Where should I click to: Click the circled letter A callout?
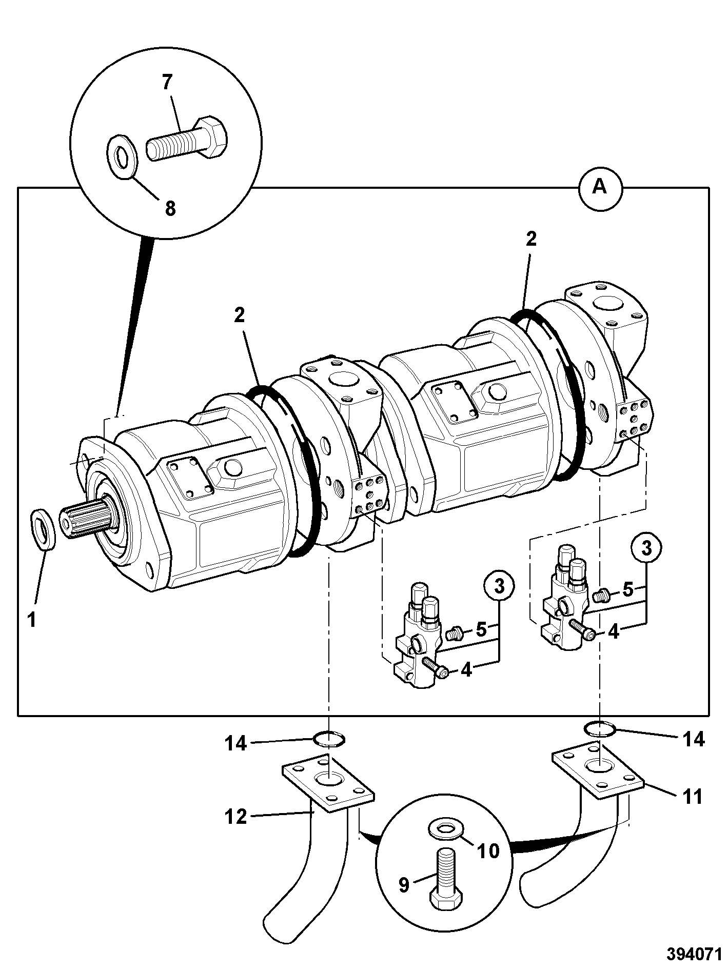click(x=600, y=188)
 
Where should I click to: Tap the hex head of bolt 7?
click(x=212, y=137)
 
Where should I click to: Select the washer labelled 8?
click(x=120, y=156)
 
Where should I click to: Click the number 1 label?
click(x=31, y=620)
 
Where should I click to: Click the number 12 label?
click(x=236, y=816)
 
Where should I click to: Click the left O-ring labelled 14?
click(x=329, y=739)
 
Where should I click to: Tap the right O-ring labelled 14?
click(x=600, y=728)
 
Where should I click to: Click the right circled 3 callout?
click(x=646, y=548)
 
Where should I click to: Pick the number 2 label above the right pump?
click(x=531, y=239)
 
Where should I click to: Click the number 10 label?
click(x=488, y=851)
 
